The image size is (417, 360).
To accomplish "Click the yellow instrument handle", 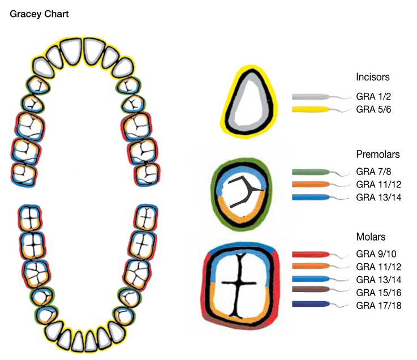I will coord(310,109).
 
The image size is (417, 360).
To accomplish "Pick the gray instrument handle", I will coord(310,96).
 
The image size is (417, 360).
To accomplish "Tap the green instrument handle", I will coord(310,172).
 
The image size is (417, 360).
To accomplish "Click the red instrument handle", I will coord(310,255).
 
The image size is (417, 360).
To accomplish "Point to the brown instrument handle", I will coord(310,292).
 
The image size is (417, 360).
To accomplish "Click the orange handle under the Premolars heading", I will coord(310,185).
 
